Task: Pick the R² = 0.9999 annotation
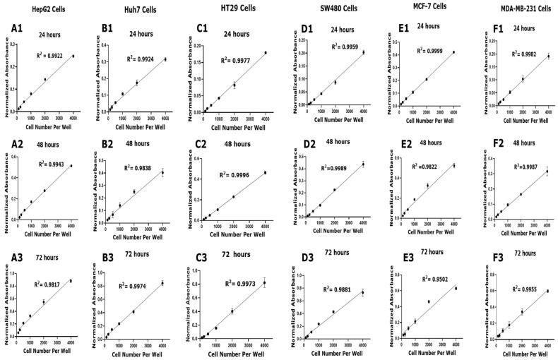pyautogui.click(x=432, y=51)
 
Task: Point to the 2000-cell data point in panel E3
pyautogui.click(x=428, y=301)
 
